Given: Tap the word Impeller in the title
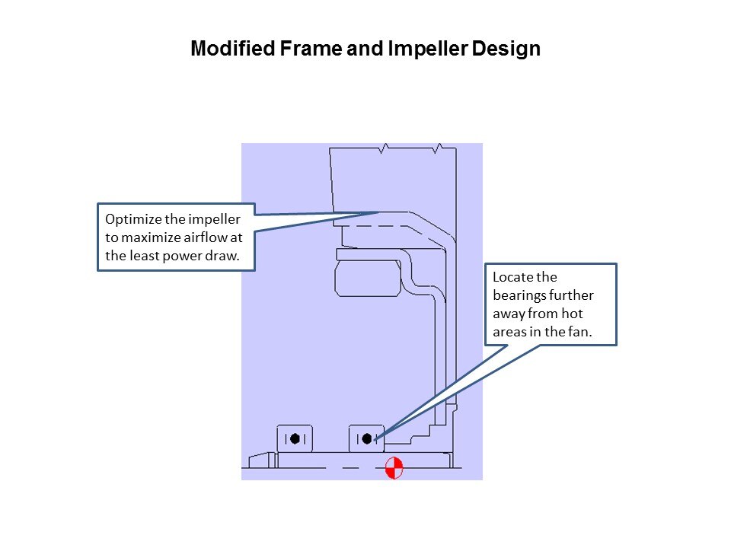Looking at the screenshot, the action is click(x=427, y=49).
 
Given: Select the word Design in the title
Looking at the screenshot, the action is click(x=506, y=49).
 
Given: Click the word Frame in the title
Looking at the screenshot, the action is click(x=311, y=49).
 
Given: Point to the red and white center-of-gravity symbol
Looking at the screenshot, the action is click(x=394, y=468).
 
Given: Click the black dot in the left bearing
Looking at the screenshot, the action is click(x=295, y=438).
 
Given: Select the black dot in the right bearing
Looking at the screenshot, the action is click(x=366, y=438).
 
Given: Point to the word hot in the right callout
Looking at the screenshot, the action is click(x=572, y=314).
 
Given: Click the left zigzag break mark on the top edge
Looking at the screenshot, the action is click(x=384, y=148).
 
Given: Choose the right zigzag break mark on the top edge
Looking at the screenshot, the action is click(x=437, y=148).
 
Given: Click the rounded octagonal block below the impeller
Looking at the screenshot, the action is click(x=368, y=279).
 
